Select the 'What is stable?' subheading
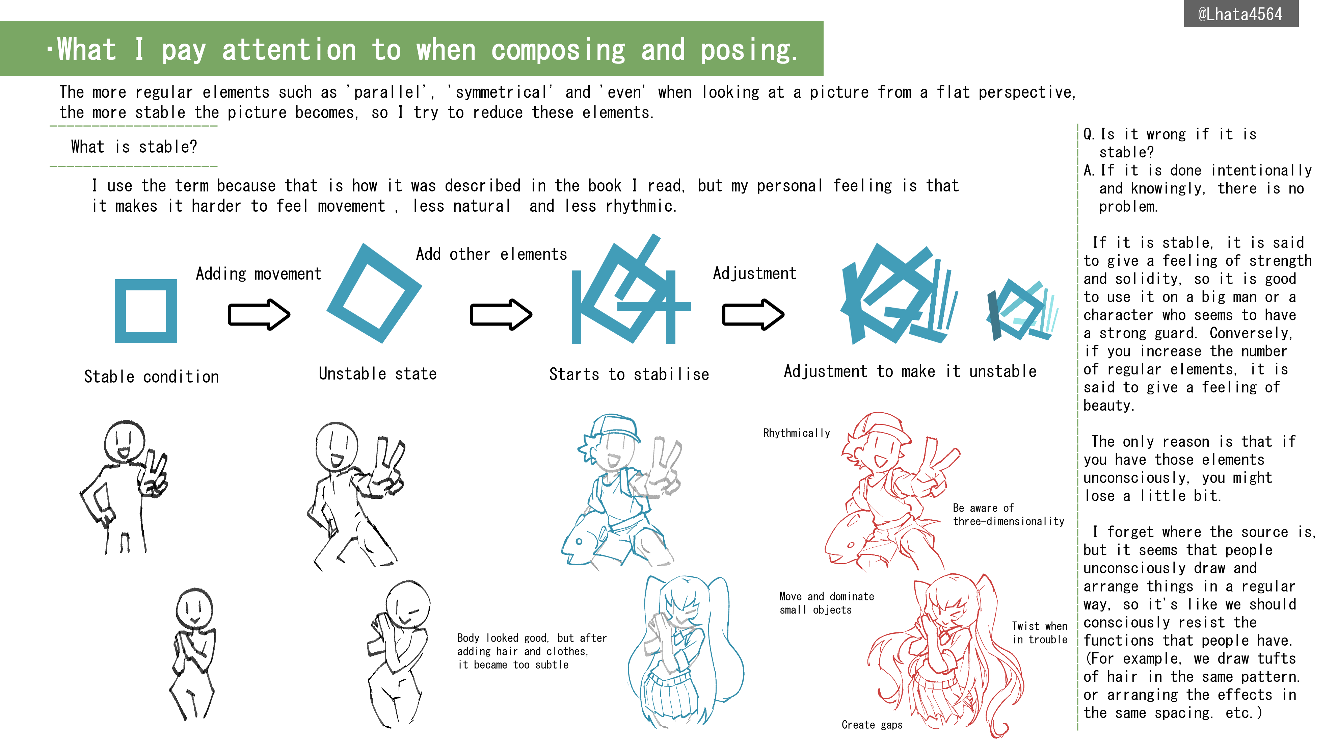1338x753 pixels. (134, 147)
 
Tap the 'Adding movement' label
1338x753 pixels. (259, 274)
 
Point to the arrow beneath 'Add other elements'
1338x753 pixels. (501, 314)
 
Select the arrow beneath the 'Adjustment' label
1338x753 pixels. (753, 314)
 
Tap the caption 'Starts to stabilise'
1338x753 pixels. (629, 374)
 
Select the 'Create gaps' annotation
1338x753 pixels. (872, 725)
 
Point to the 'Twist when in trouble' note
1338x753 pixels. (1039, 633)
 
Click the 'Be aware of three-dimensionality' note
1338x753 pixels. (1008, 515)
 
